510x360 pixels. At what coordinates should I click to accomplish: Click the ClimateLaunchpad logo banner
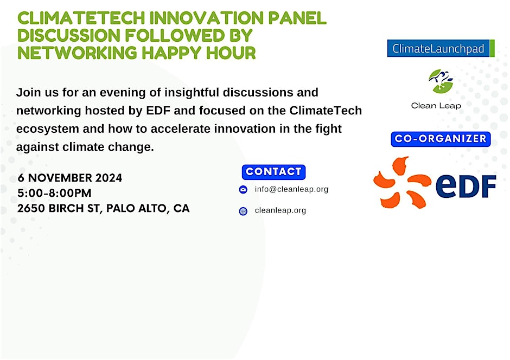[x=441, y=48]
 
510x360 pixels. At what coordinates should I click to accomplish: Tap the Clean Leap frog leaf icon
[x=441, y=81]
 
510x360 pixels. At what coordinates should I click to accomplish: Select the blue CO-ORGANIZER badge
[x=441, y=139]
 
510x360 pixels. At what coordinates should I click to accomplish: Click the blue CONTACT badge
[x=273, y=172]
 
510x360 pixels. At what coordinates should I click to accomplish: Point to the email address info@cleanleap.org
[x=291, y=189]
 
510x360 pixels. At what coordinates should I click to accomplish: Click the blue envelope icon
[x=243, y=189]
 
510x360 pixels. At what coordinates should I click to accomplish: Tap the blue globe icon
[x=243, y=211]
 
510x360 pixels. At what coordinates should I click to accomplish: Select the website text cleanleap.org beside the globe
[x=280, y=210]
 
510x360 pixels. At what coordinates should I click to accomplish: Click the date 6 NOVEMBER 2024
[x=70, y=178]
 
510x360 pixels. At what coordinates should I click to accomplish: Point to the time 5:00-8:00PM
[x=54, y=193]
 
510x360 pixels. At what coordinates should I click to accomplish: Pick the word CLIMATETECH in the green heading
[x=81, y=18]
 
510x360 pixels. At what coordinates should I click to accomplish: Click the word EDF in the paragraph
[x=158, y=111]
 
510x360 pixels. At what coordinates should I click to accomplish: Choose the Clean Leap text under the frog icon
[x=436, y=106]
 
